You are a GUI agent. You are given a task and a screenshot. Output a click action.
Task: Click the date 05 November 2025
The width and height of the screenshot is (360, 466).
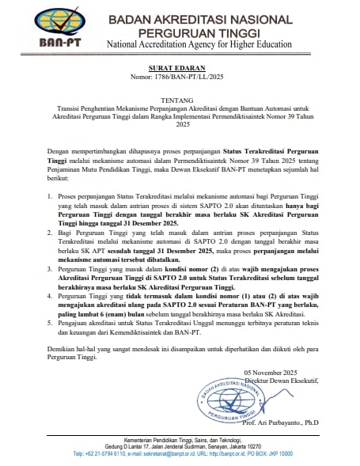point(274,371)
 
